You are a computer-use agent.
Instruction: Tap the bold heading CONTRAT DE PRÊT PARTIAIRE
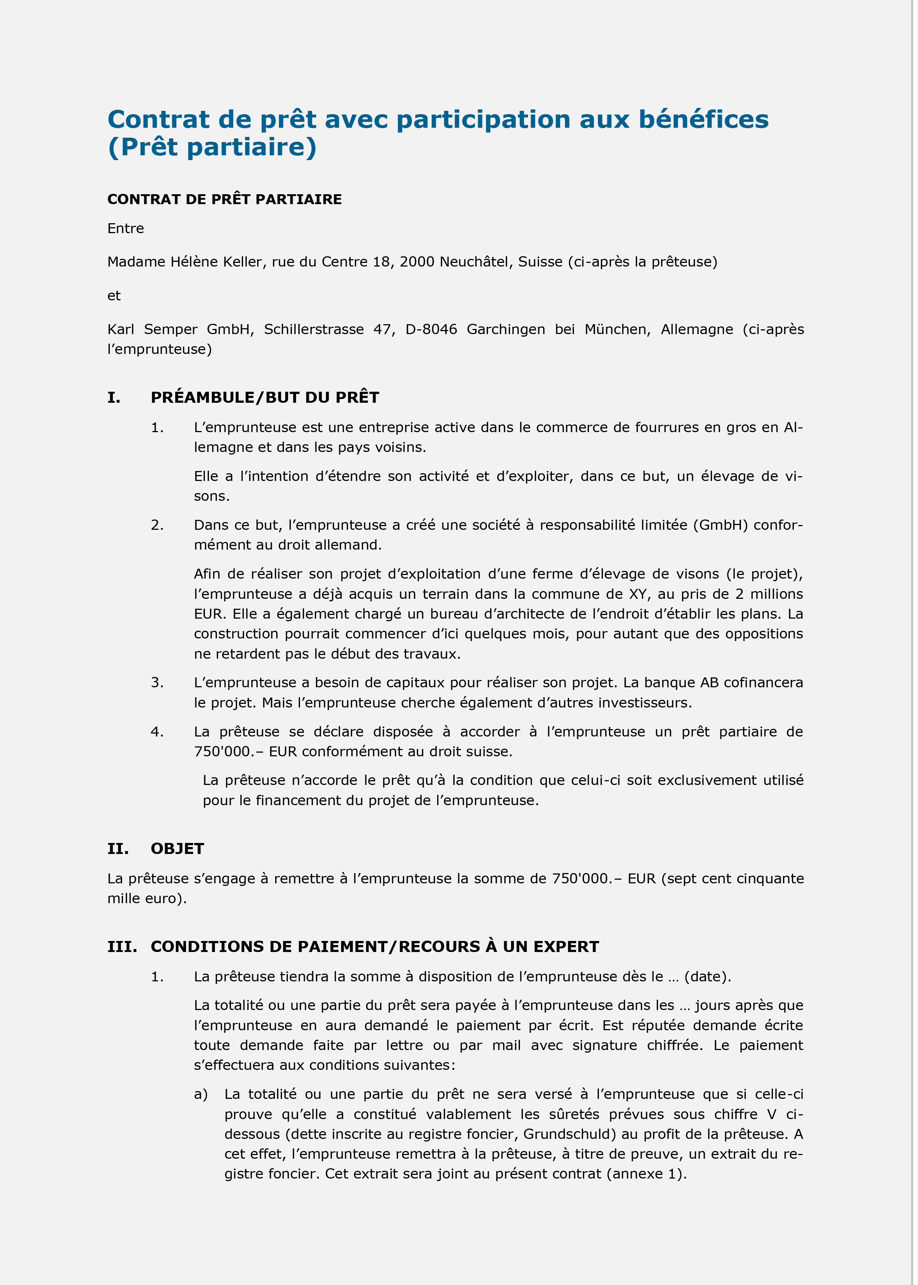(224, 199)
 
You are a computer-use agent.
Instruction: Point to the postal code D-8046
(431, 329)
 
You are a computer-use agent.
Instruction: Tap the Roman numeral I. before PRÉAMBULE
(113, 398)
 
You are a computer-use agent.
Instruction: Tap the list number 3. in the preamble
(157, 683)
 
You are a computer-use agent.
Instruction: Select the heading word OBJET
(177, 849)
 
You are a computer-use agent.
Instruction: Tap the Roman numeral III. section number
(122, 947)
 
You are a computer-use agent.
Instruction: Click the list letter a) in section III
(200, 1094)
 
